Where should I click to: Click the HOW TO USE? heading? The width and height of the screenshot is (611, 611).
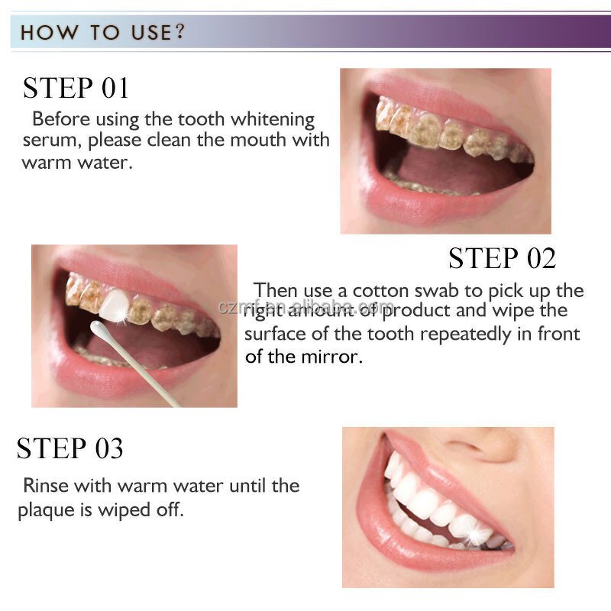click(x=102, y=33)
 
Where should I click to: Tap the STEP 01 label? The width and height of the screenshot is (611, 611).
click(x=76, y=88)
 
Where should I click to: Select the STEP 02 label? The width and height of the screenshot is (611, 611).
click(x=502, y=258)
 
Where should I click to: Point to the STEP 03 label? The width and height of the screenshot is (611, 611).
click(x=70, y=448)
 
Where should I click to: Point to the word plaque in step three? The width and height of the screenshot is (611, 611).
click(x=44, y=510)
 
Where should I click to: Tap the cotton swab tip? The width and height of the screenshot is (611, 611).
click(x=99, y=329)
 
